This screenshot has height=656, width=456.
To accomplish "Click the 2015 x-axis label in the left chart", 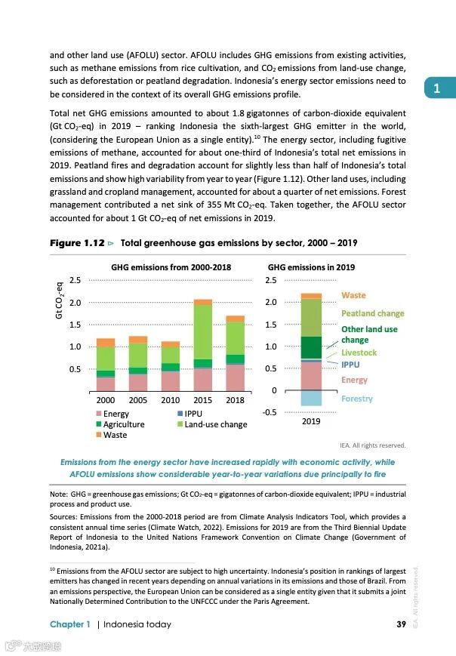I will (202, 400).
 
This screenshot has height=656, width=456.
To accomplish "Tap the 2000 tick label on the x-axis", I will (106, 400).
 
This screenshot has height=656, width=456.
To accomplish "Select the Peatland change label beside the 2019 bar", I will (372, 313).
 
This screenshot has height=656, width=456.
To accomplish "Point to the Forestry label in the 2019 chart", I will (356, 399).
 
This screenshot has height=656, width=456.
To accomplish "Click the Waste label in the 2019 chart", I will (353, 295).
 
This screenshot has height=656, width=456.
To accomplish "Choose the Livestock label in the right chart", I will (359, 353).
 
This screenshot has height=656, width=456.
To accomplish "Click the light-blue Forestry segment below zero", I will (311, 398).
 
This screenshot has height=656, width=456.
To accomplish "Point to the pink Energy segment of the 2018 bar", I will (235, 377).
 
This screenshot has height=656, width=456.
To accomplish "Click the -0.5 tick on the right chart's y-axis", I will (269, 412).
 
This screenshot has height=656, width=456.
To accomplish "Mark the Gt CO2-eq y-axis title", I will (59, 300).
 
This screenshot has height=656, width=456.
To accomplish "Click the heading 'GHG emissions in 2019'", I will (311, 267).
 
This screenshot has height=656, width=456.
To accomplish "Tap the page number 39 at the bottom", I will (402, 624).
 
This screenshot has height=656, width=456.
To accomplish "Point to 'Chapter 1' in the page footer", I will (70, 624).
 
